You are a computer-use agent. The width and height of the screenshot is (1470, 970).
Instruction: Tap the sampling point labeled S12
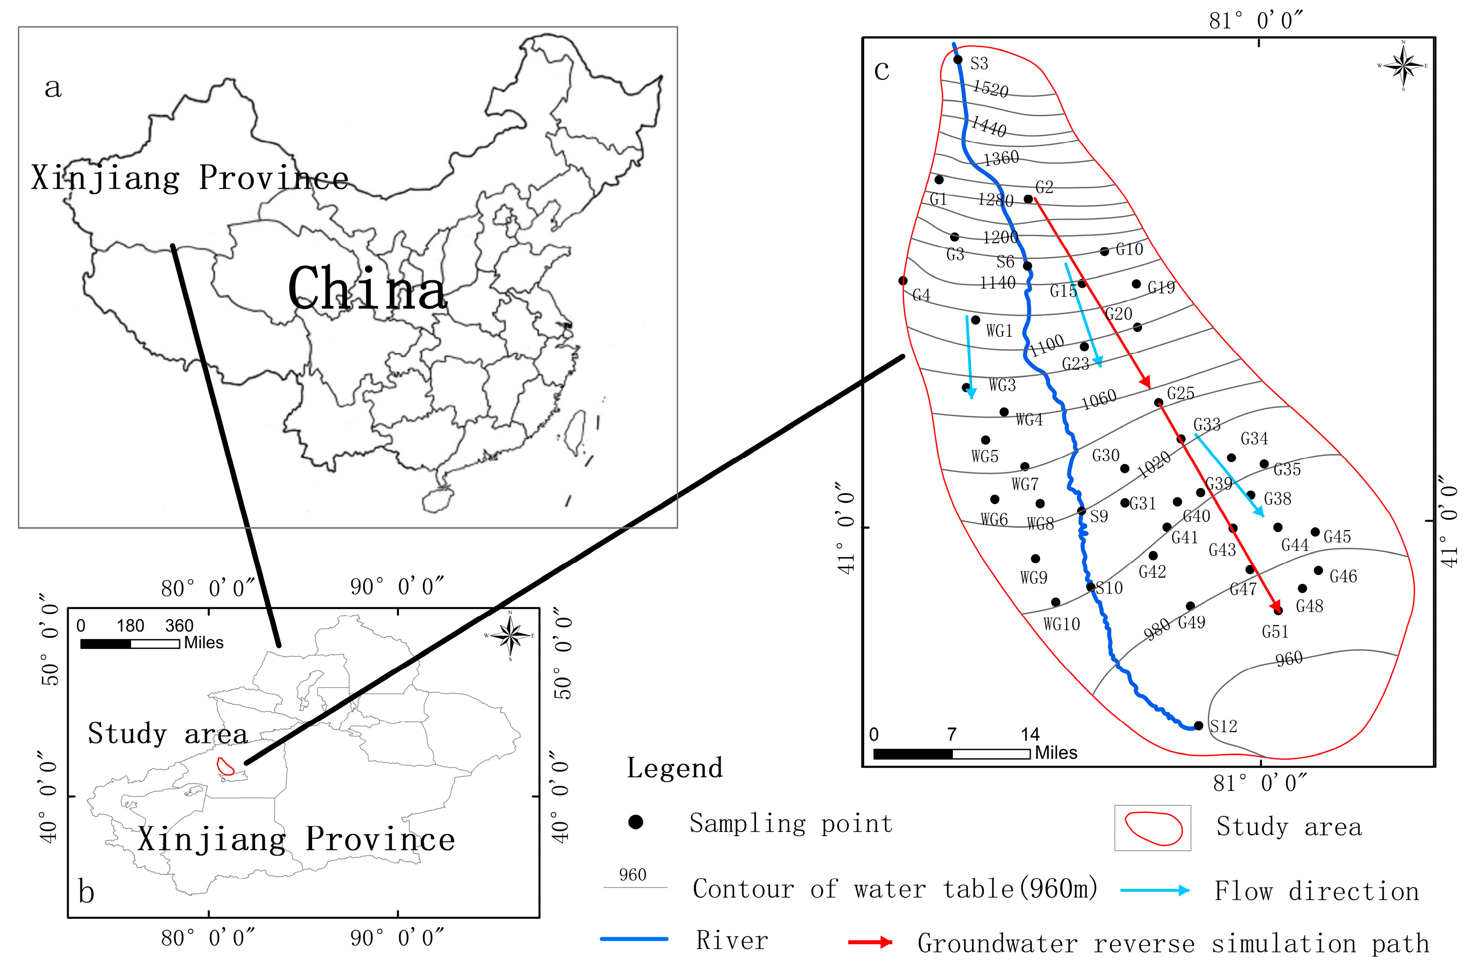(x=1198, y=726)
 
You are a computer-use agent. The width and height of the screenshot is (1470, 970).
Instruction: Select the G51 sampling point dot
(x=1278, y=611)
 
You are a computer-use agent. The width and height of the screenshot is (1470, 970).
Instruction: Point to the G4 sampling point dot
(x=903, y=281)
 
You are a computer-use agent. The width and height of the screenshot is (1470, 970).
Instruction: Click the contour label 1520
(x=990, y=89)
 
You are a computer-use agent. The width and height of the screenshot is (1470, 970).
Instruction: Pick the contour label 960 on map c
(x=1289, y=659)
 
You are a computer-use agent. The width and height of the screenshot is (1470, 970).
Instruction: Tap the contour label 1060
(x=1099, y=400)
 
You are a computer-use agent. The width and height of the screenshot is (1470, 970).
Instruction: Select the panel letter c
(x=882, y=70)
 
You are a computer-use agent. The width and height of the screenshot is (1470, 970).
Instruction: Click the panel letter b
(x=87, y=892)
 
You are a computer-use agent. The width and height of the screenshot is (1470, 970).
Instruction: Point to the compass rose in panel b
(x=510, y=635)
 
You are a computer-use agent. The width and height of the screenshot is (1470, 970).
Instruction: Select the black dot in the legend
(x=636, y=822)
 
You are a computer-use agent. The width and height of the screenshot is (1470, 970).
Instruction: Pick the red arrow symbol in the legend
(x=870, y=942)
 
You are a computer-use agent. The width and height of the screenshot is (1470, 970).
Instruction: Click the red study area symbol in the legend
(x=1153, y=828)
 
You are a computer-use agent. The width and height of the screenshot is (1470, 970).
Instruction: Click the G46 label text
(x=1343, y=577)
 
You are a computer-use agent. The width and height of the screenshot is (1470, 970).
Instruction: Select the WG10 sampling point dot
(x=1056, y=602)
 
